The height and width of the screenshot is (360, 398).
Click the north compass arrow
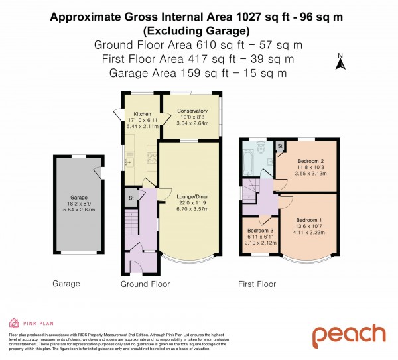(x=340, y=64)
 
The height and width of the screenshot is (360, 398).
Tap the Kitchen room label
(x=143, y=114)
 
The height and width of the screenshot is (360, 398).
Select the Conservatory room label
(x=191, y=111)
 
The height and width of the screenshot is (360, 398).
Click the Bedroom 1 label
(x=309, y=220)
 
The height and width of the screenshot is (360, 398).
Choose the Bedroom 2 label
(x=310, y=161)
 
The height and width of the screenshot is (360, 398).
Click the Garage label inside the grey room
(x=79, y=197)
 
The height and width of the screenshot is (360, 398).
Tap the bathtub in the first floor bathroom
(x=249, y=160)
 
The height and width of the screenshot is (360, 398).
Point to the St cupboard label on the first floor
(x=280, y=145)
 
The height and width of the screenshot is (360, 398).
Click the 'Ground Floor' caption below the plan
(x=145, y=284)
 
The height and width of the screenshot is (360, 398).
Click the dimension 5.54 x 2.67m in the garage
(x=79, y=209)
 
